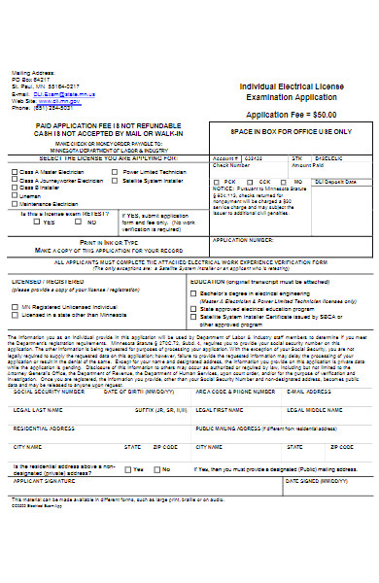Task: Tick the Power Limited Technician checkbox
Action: (118, 171)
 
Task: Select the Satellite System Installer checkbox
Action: (118, 180)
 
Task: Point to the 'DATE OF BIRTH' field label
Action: (132, 364)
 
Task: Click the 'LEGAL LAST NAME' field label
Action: (35, 383)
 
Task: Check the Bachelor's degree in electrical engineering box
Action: (194, 292)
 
